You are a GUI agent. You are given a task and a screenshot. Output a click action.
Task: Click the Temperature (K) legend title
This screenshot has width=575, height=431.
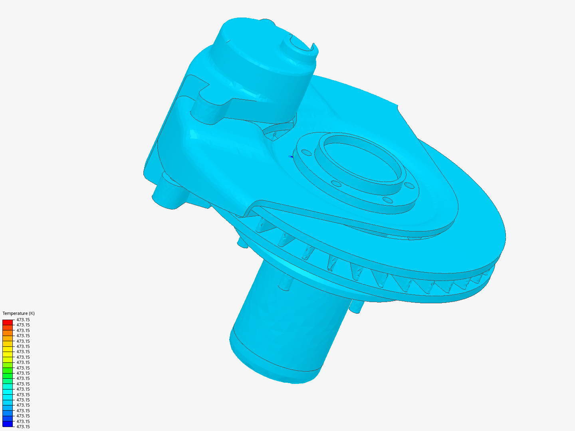click(x=18, y=313)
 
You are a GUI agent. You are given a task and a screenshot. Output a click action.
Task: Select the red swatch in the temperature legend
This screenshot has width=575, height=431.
click(x=8, y=322)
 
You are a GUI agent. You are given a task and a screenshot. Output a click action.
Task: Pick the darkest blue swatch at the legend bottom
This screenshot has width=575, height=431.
click(x=8, y=424)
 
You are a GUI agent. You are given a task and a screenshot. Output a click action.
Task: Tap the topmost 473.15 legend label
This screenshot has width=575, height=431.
click(x=23, y=320)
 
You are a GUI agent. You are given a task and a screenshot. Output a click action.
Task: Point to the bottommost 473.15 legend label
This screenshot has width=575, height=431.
click(x=23, y=427)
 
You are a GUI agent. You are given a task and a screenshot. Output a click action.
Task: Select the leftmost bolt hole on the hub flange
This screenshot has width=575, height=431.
click(x=306, y=152)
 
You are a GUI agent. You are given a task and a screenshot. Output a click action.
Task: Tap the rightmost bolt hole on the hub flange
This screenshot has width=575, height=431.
click(x=409, y=186)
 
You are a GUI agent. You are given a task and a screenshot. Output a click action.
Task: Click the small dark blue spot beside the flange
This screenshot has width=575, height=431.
click(x=291, y=156)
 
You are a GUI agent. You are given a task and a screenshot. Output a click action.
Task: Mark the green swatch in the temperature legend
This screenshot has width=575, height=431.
click(x=8, y=373)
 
